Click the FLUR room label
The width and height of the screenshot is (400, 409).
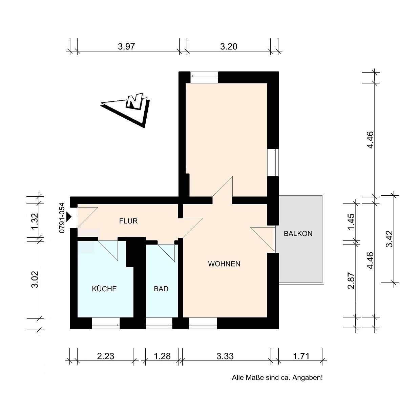(x=128, y=221)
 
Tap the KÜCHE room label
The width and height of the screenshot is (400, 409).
(x=104, y=289)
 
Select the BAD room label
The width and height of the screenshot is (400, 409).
(x=161, y=289)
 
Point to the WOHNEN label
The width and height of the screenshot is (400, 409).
(x=224, y=264)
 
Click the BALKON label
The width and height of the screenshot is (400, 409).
(x=298, y=234)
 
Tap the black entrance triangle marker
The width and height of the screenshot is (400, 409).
(x=69, y=217)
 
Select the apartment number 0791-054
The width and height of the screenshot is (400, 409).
(x=62, y=218)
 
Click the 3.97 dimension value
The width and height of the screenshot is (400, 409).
(x=126, y=46)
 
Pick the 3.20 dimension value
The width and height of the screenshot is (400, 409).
(x=229, y=46)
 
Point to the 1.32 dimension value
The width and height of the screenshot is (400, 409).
(x=35, y=221)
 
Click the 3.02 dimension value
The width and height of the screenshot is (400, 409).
(x=35, y=279)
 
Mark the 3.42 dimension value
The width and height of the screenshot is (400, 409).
(x=390, y=239)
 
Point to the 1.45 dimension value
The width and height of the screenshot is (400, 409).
(x=351, y=221)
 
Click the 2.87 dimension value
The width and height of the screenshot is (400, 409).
(x=351, y=280)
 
